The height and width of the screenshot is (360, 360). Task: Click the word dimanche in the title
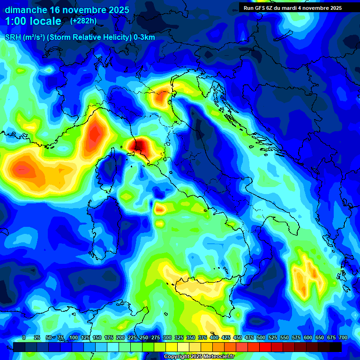(x=26, y=10)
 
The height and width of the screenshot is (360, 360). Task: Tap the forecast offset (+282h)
(x=83, y=21)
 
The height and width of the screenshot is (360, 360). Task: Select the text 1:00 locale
(x=33, y=21)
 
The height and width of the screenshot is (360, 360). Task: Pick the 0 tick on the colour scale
(x=24, y=337)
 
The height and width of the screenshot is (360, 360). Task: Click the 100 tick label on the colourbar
(x=73, y=337)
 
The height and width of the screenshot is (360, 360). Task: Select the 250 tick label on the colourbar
(x=144, y=337)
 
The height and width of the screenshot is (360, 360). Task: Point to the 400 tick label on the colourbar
(x=214, y=337)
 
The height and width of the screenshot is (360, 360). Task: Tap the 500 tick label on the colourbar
(x=261, y=337)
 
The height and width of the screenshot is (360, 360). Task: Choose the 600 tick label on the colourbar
(x=308, y=337)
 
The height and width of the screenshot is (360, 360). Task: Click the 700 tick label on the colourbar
(x=343, y=337)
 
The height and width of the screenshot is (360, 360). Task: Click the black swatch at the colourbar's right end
(x=336, y=347)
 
